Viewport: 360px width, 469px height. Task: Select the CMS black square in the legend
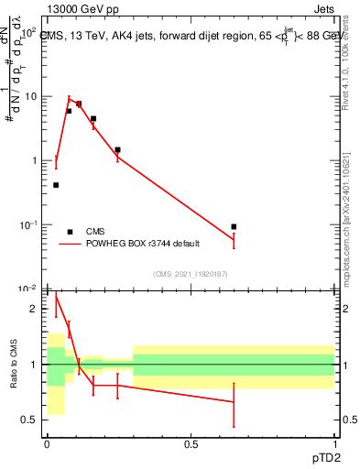click(x=70, y=232)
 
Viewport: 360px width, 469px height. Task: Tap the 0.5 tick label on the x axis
click(x=191, y=443)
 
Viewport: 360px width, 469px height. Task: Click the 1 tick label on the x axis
click(x=335, y=443)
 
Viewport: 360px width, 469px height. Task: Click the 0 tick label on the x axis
click(x=47, y=443)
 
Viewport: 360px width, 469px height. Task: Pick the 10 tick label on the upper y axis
click(x=29, y=96)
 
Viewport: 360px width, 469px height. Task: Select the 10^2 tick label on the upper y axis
click(x=28, y=32)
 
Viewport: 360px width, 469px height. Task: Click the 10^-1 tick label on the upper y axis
click(x=28, y=225)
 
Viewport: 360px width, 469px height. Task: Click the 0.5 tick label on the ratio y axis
click(x=31, y=420)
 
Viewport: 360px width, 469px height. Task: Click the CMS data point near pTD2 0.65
click(x=235, y=226)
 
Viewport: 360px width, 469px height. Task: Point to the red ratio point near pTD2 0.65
click(x=235, y=402)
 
